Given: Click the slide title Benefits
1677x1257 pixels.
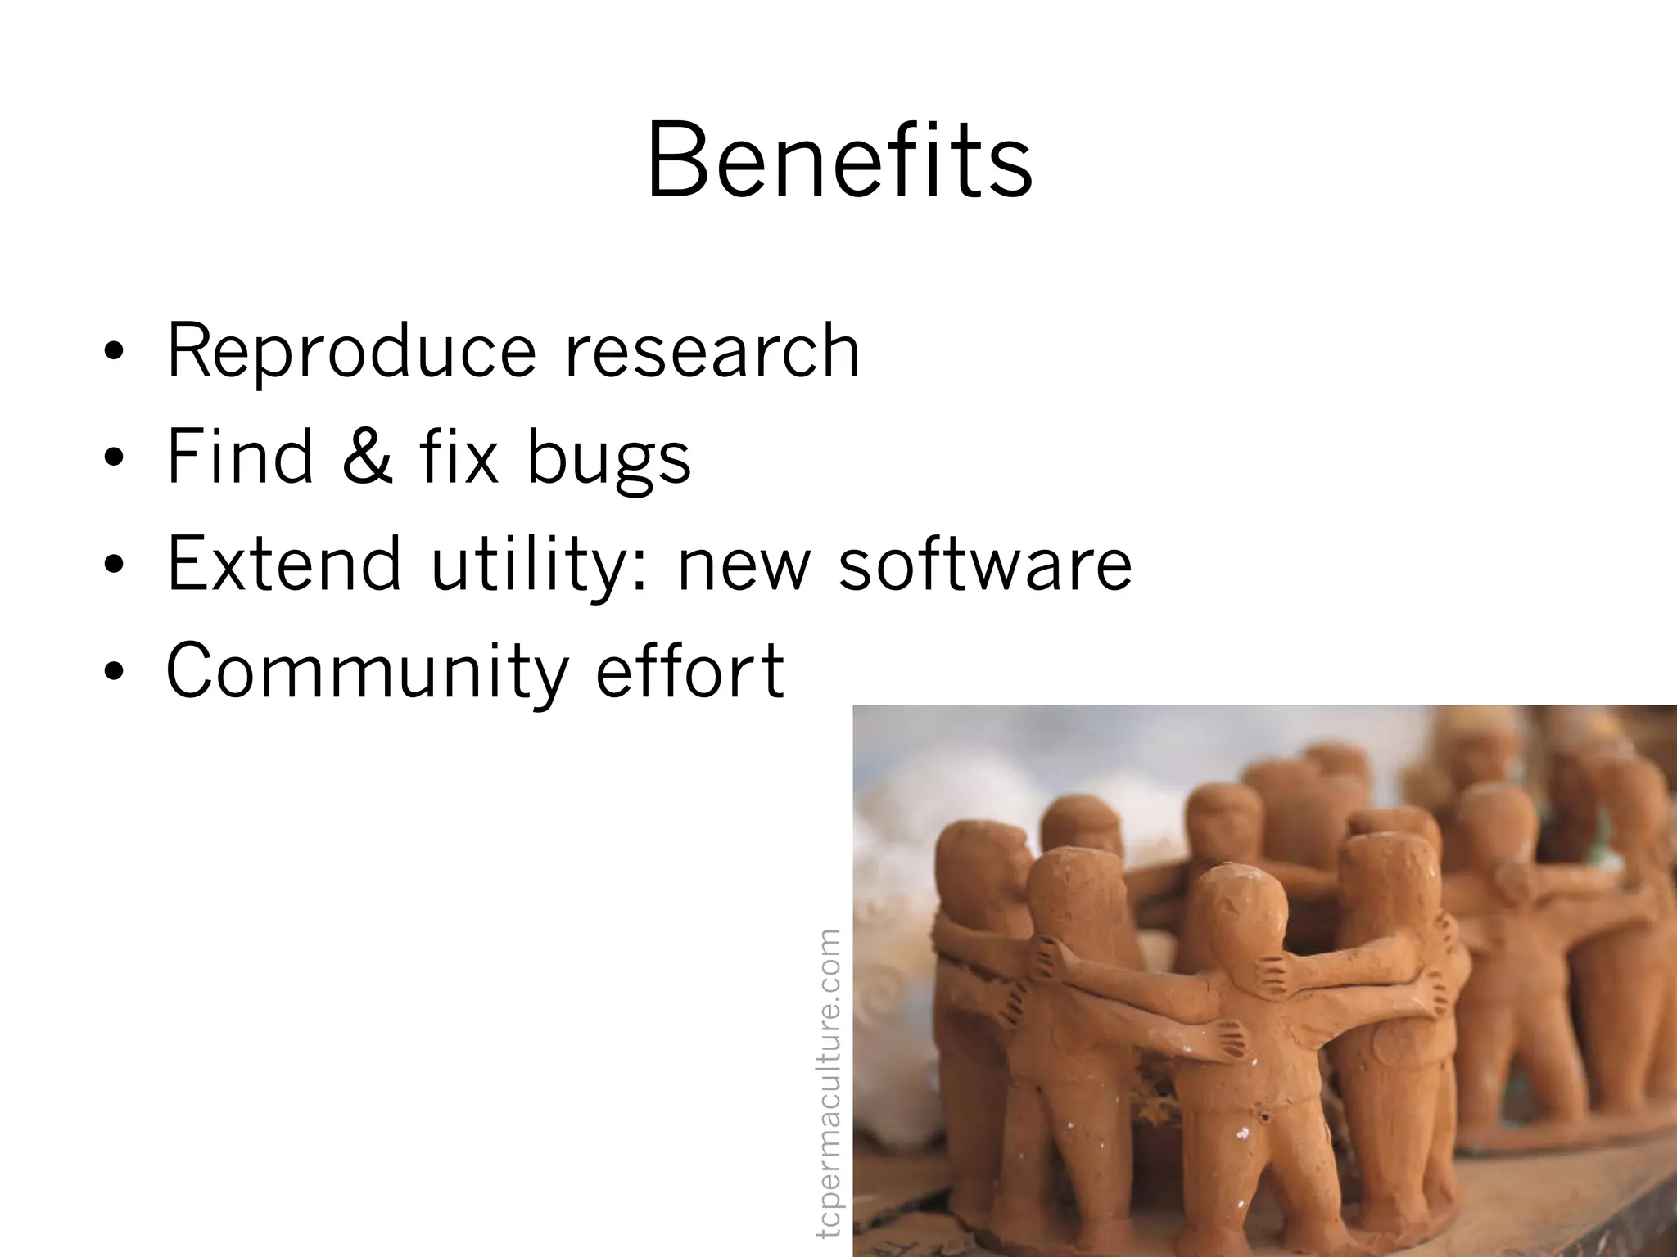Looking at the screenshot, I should pyautogui.click(x=839, y=160).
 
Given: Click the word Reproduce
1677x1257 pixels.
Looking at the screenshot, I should pyautogui.click(x=351, y=352).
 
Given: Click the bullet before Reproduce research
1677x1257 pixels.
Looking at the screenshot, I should pyautogui.click(x=114, y=354).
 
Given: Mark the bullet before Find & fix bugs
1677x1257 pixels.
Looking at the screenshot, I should pyautogui.click(x=114, y=459).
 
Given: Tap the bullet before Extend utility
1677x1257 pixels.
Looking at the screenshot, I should pyautogui.click(x=114, y=565).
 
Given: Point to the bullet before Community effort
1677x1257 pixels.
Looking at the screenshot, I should pyautogui.click(x=114, y=672).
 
